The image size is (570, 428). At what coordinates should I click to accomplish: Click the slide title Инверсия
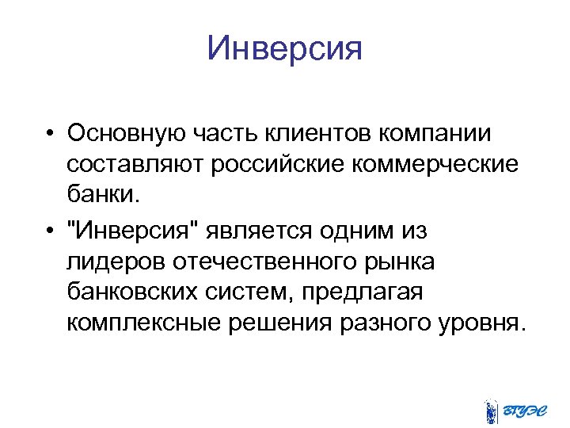tap(284, 49)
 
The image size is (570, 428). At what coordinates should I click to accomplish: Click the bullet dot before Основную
tap(50, 132)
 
